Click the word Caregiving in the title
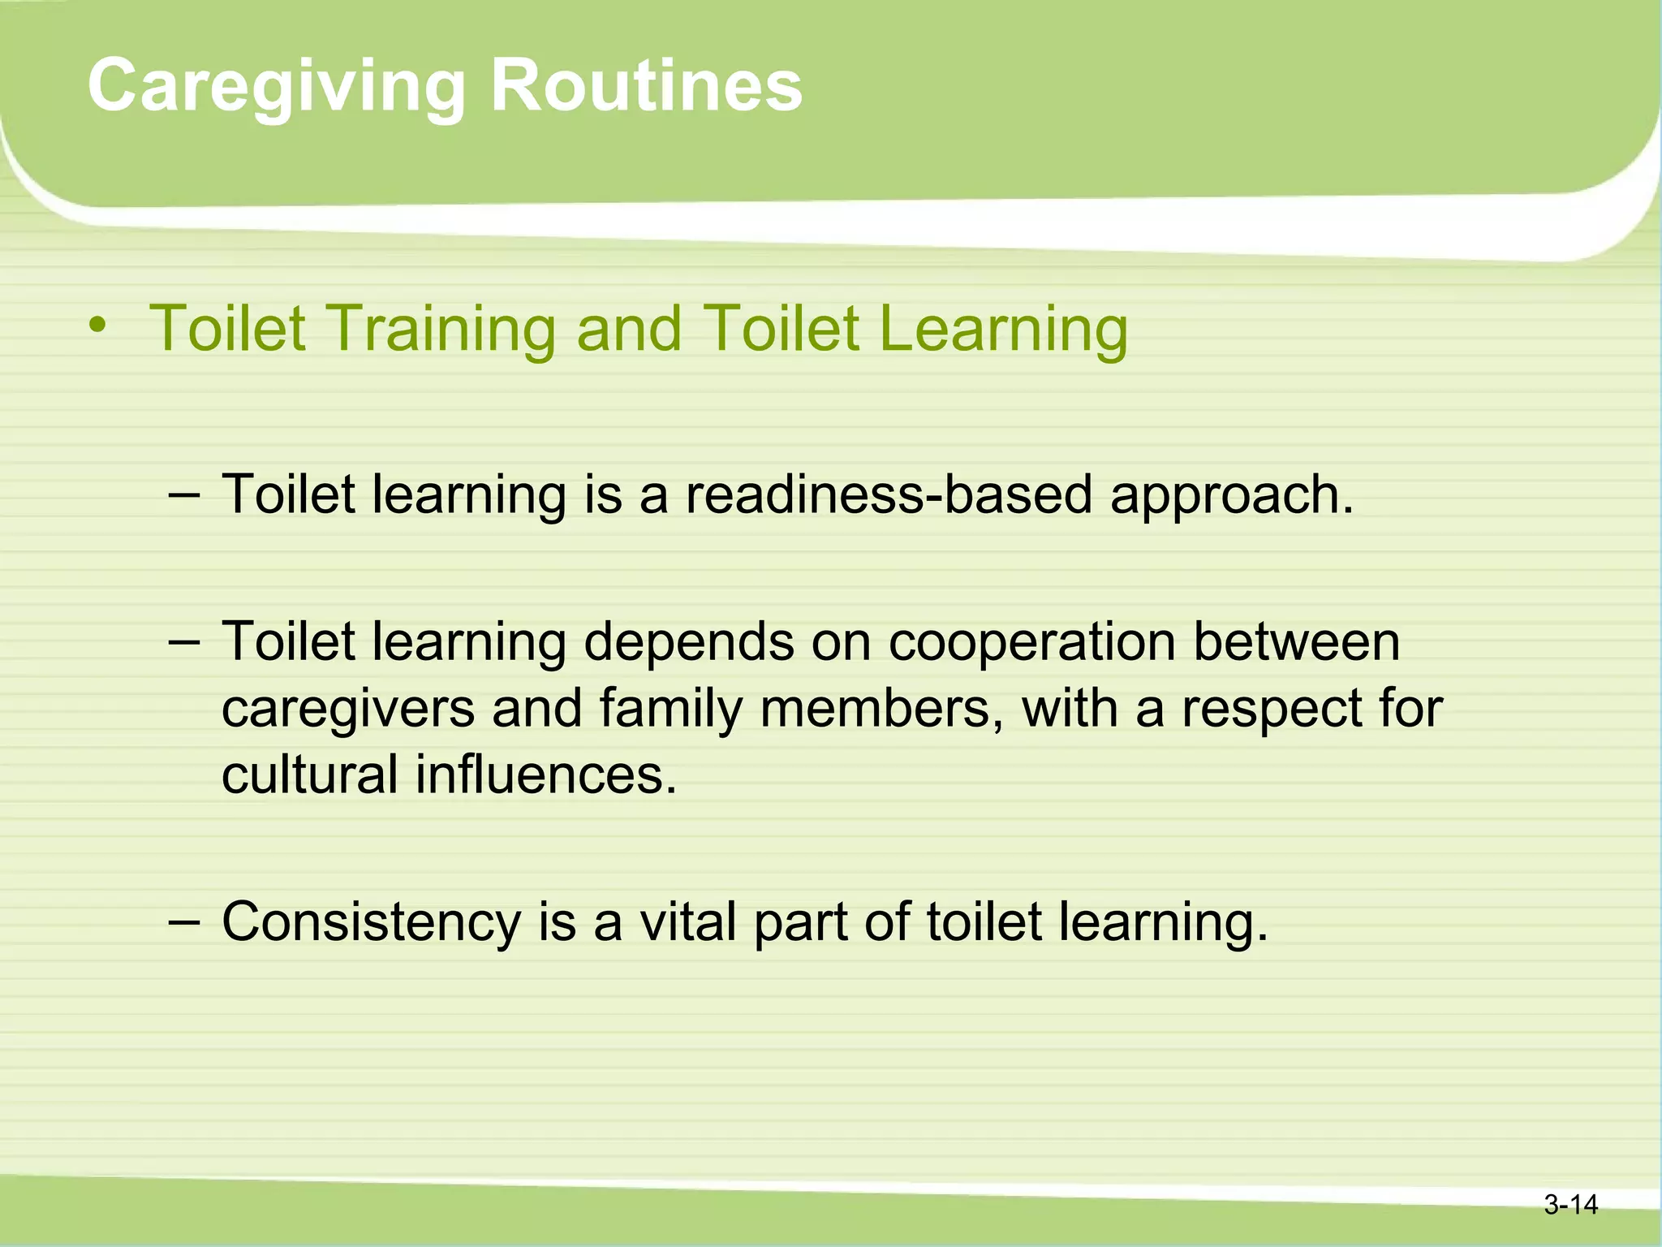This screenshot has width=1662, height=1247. (276, 87)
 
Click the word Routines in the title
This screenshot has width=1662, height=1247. (646, 85)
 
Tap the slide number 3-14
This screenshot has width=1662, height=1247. (1570, 1205)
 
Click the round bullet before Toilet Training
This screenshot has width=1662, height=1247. (98, 326)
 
